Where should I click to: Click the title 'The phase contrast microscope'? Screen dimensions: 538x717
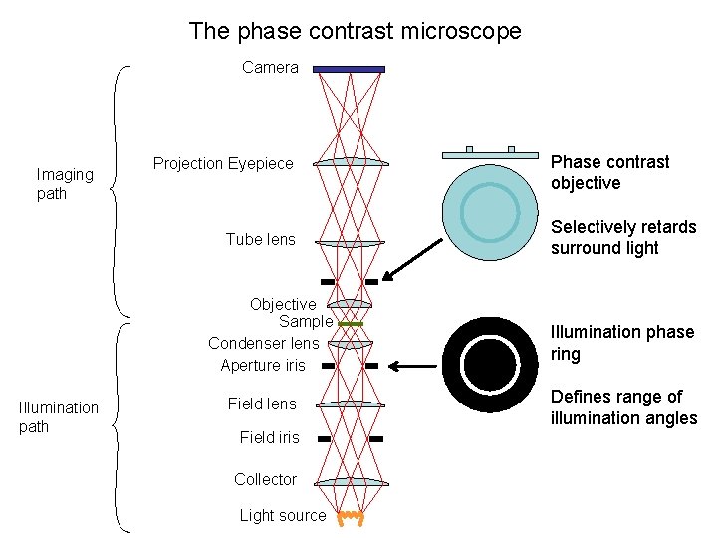(355, 31)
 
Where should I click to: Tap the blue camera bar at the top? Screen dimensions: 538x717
(349, 69)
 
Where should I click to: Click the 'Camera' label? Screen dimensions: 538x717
(270, 67)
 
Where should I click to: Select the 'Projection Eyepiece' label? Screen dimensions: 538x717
(223, 163)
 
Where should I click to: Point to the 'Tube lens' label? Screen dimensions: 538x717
(260, 239)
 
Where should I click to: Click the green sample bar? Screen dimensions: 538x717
(350, 324)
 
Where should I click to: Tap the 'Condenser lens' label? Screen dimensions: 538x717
(263, 343)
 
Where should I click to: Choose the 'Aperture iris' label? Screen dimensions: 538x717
(263, 365)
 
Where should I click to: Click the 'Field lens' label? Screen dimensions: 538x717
(262, 403)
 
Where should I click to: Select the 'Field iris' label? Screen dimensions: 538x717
(269, 437)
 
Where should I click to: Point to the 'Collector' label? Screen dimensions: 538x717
(265, 479)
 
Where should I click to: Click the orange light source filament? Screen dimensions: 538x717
(350, 517)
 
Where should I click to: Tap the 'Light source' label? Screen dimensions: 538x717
(282, 515)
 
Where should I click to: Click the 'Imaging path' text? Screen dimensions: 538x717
(65, 184)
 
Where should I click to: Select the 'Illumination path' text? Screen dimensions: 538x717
(59, 417)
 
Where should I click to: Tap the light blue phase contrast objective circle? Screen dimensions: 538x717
(490, 213)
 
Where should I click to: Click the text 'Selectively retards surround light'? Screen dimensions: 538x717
(623, 237)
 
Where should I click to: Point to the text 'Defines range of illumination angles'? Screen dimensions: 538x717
(623, 407)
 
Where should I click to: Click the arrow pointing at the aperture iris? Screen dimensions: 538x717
(412, 367)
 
